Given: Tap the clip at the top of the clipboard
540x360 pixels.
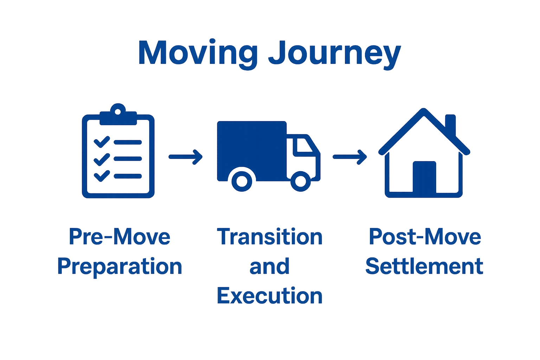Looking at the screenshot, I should point(118,114).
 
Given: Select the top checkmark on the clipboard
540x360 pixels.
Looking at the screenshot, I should point(102,142).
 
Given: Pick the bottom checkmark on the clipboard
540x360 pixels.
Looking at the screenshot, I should point(102,176).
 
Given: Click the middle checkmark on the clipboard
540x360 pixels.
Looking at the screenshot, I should point(102,159).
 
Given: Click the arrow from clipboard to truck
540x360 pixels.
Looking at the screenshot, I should point(186,156).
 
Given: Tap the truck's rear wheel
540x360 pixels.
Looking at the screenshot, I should point(242,181).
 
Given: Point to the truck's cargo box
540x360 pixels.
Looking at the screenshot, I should point(251,148).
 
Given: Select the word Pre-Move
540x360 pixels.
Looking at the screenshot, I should point(120,236).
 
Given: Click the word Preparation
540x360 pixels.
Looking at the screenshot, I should point(120,266).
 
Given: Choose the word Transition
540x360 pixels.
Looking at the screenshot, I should point(270,236).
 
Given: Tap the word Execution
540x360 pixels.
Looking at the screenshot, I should point(270,296).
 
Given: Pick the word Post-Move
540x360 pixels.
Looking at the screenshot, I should point(425,236).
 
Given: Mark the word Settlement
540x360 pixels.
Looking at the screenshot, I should point(424,266).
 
